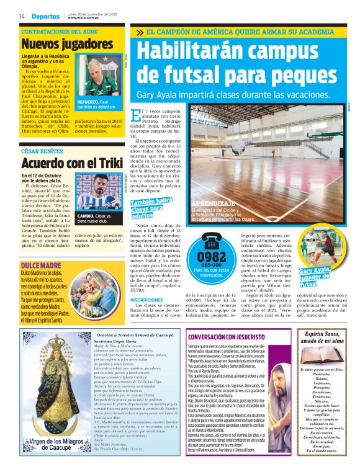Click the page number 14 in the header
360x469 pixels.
point(22,16)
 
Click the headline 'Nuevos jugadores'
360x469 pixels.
point(59,44)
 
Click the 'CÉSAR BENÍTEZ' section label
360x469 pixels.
point(42,151)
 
